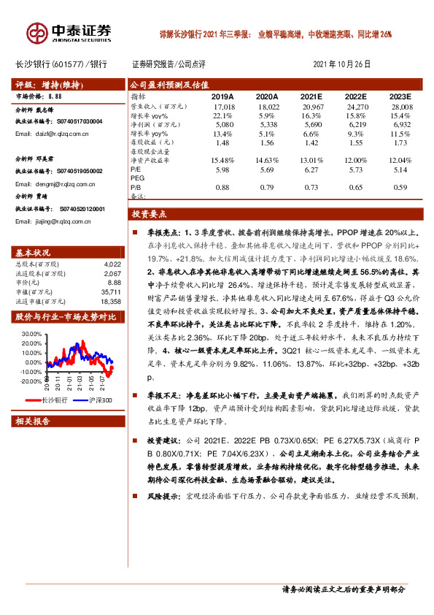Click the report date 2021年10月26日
(341, 64)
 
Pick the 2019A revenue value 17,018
(222, 106)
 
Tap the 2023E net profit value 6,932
(400, 125)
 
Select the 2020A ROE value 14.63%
(267, 159)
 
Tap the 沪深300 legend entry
(100, 400)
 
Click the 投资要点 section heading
(149, 215)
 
